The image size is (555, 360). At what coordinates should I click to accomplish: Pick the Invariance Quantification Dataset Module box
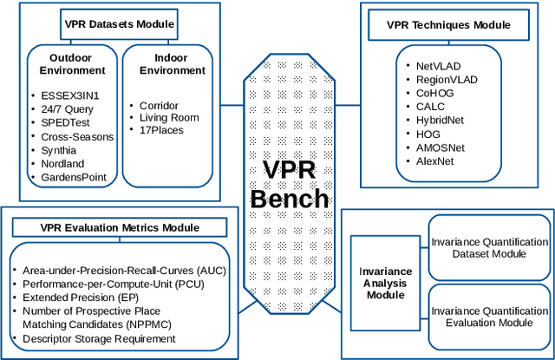[x=490, y=247]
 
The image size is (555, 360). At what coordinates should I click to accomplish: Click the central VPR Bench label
[x=290, y=184]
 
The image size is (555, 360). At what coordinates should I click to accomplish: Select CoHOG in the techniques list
[x=434, y=93]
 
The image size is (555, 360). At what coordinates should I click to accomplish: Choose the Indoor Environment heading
[x=172, y=62]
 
